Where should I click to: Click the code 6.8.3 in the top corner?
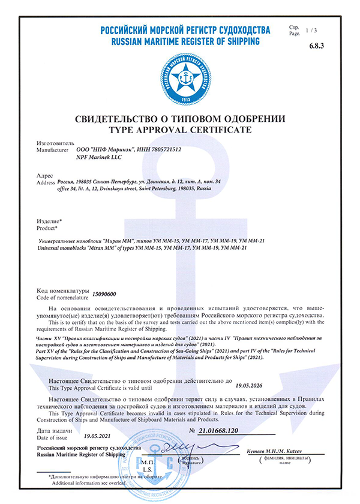tap(332, 46)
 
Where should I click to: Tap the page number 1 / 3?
tap(329, 29)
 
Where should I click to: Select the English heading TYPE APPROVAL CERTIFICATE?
tap(179, 129)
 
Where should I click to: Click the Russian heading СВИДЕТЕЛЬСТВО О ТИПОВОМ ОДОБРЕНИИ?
tap(179, 118)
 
